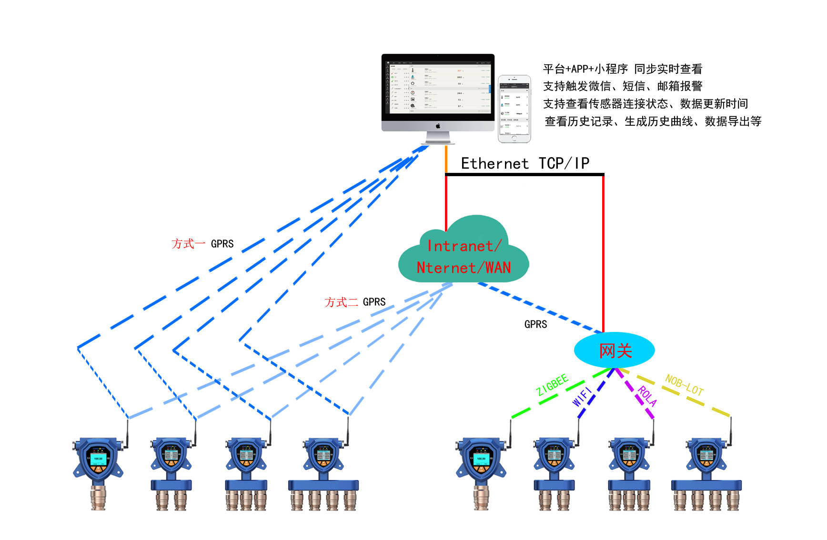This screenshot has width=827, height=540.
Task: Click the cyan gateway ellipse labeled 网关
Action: click(x=614, y=350)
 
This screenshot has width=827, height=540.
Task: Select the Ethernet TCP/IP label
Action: click(x=525, y=163)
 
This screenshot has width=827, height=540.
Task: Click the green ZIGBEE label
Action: click(x=552, y=385)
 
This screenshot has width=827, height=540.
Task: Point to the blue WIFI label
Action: click(x=582, y=397)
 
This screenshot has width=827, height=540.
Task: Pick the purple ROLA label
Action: click(x=647, y=396)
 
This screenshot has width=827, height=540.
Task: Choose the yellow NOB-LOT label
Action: click(x=684, y=385)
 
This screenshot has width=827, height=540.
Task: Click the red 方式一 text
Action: click(x=188, y=244)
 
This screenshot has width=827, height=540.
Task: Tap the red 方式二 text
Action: click(x=341, y=302)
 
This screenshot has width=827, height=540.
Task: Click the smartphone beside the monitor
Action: click(x=514, y=109)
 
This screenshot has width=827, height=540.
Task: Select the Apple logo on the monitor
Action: click(x=438, y=126)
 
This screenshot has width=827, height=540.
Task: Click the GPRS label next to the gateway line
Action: click(x=535, y=324)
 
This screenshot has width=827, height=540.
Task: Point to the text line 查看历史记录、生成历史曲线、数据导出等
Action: click(x=653, y=121)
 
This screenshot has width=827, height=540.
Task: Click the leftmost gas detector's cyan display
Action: click(x=98, y=459)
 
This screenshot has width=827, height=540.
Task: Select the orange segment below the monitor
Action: click(x=446, y=159)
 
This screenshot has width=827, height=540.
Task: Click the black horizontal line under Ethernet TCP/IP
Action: click(x=524, y=174)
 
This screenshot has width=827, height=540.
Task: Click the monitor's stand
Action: click(x=438, y=138)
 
